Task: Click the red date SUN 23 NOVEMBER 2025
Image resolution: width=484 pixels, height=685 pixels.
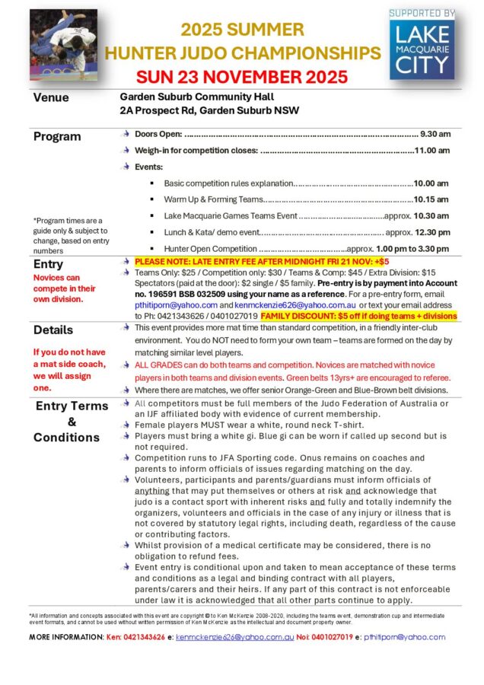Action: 242,77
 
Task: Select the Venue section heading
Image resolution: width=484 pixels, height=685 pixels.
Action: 51,97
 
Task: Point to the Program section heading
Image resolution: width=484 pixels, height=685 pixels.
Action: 57,136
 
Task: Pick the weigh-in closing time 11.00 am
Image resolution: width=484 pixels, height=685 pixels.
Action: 431,150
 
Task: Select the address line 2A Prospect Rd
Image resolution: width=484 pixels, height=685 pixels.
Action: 209,110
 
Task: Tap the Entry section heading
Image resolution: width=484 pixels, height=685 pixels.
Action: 49,263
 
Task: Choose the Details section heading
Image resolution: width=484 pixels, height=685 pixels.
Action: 53,330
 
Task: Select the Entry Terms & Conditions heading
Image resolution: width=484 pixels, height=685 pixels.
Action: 72,421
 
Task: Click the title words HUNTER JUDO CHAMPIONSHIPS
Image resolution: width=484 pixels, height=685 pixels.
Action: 242,53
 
